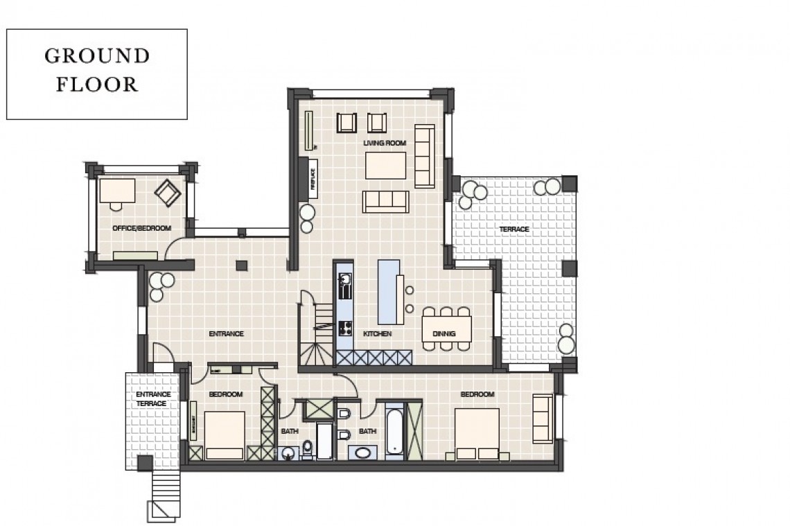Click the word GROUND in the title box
(x=97, y=56)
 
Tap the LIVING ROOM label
(x=384, y=143)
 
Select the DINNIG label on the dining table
(x=444, y=333)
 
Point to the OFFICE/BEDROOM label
(x=141, y=228)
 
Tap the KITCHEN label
(x=377, y=333)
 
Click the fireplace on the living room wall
(x=312, y=178)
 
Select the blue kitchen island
(x=389, y=291)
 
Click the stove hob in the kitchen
(x=344, y=328)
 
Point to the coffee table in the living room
(x=386, y=165)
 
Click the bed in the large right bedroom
(x=477, y=434)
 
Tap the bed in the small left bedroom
(x=225, y=435)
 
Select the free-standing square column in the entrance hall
(x=241, y=265)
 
